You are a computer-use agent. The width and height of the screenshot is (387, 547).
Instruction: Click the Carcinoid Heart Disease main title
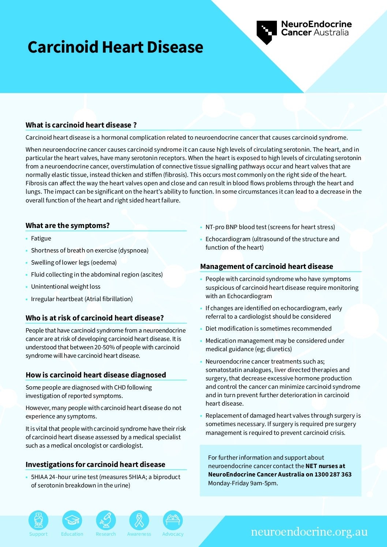coord(115,48)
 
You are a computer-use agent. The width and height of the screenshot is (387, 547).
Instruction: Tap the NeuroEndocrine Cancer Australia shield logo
coord(266,32)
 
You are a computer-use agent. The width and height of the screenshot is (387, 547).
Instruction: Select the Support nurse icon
coord(38,520)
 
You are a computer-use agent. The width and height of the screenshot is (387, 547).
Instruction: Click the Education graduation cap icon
coord(72,520)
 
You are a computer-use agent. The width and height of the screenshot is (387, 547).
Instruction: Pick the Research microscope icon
coord(106,520)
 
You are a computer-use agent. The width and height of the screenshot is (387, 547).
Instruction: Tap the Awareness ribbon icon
coord(139,520)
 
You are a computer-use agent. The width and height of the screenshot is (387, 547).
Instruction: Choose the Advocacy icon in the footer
coord(173,520)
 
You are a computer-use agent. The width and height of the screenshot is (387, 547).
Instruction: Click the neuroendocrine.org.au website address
coord(309,532)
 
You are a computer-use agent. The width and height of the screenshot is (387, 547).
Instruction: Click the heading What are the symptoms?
coord(68,225)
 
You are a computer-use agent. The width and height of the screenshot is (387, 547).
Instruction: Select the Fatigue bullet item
coord(41,238)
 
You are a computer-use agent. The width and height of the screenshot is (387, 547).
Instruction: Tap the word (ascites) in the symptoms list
coord(151,274)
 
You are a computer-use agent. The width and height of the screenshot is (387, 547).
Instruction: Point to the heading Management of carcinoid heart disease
coord(267,266)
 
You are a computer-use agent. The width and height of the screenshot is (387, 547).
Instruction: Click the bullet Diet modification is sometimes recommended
coord(268,328)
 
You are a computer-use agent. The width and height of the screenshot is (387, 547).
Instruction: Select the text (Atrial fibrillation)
coord(109,299)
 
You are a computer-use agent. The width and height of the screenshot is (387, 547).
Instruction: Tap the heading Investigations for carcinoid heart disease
coord(95,464)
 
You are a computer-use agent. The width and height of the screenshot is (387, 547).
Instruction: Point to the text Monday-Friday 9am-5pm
coord(243,483)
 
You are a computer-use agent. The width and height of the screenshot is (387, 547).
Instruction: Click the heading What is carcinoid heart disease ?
coord(81,125)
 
